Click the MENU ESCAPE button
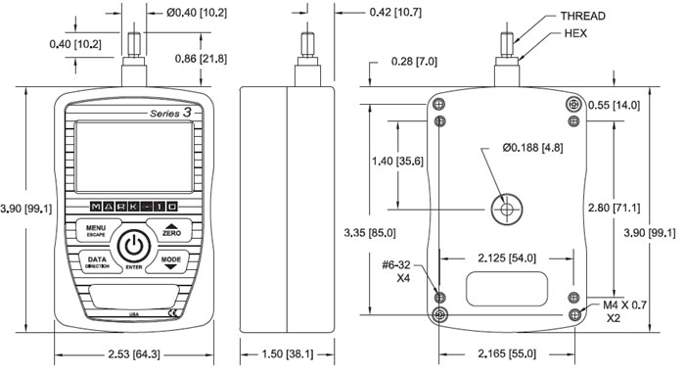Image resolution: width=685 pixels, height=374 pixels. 94,230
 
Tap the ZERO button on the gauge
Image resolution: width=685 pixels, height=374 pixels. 171,230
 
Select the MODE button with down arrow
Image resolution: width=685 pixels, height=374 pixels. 171,262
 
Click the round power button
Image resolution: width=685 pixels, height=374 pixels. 134,246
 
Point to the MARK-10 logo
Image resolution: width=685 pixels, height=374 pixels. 134,207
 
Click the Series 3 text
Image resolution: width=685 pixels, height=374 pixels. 171,113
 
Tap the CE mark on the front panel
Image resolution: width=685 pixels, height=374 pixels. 173,313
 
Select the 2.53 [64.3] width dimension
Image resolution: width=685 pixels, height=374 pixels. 134,353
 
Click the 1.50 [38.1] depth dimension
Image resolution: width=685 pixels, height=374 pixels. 288,353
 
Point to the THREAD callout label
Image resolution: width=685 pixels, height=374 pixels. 583,17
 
